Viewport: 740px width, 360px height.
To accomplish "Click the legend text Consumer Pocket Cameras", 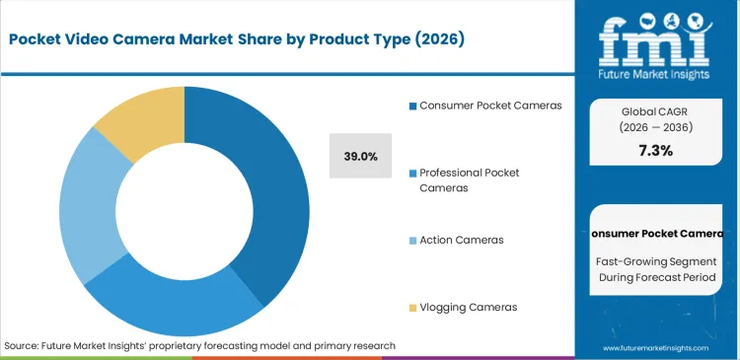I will coord(490,105).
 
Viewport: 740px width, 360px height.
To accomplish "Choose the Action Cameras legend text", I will coord(463,240).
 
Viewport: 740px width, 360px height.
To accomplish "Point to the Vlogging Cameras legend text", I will coord(468,308).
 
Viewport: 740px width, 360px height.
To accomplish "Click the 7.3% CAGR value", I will coord(656,151).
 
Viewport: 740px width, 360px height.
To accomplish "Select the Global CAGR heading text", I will coord(656,111).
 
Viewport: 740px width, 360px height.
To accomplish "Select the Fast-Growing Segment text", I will coord(656,261).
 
